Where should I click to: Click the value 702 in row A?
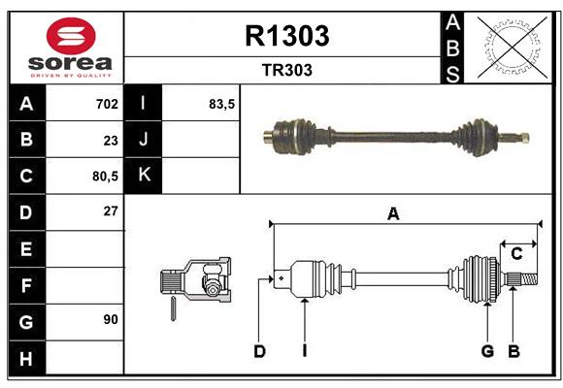pos(107,103)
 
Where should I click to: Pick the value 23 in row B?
pos(110,140)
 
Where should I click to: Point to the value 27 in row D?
pos(110,211)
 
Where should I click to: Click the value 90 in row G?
pos(110,320)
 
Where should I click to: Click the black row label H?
pos(26,359)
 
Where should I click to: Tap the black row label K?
pos(145,176)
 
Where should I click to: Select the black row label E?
pos(26,249)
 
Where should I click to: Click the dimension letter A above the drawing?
pos(393,214)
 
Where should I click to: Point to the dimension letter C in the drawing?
pos(517,254)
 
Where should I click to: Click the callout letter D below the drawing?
pos(259,351)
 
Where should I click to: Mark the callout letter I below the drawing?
pos(304,351)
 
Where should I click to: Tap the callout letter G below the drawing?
pos(487,351)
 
